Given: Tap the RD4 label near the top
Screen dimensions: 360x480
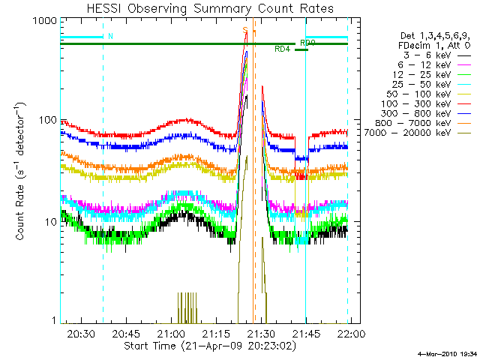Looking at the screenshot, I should point(282,49).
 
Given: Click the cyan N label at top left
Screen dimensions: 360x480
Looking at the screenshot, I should point(110,36).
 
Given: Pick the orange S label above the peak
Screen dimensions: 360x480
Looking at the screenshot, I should point(244,30).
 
